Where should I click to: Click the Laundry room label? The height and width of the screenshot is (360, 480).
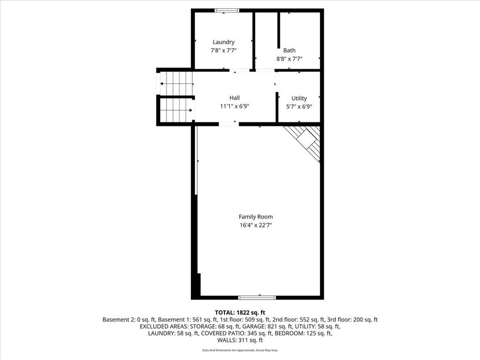tap(223, 42)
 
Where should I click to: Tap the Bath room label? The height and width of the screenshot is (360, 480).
tap(289, 51)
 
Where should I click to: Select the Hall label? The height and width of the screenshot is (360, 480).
tap(234, 98)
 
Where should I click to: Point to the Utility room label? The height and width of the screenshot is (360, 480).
tap(299, 98)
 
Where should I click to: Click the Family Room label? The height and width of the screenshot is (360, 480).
tap(255, 217)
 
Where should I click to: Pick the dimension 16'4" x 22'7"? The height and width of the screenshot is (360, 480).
tap(255, 225)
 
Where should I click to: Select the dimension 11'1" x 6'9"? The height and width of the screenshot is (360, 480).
tap(234, 106)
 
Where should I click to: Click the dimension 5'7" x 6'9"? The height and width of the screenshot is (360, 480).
tap(299, 106)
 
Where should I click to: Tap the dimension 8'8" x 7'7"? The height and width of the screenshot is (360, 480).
tap(289, 59)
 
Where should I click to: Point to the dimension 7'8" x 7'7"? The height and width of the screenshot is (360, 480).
tap(223, 50)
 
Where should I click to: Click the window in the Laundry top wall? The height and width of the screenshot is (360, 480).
tap(227, 10)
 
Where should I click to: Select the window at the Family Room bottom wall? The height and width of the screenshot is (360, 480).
tap(257, 297)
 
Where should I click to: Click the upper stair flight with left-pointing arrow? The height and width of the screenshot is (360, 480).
tap(176, 83)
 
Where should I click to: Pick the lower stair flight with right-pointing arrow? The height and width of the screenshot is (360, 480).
tap(176, 111)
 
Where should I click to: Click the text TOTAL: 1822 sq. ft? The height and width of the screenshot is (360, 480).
tap(240, 313)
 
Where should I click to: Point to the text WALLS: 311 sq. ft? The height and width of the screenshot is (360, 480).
tap(240, 340)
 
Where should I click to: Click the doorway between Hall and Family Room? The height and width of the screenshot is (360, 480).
tap(229, 124)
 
